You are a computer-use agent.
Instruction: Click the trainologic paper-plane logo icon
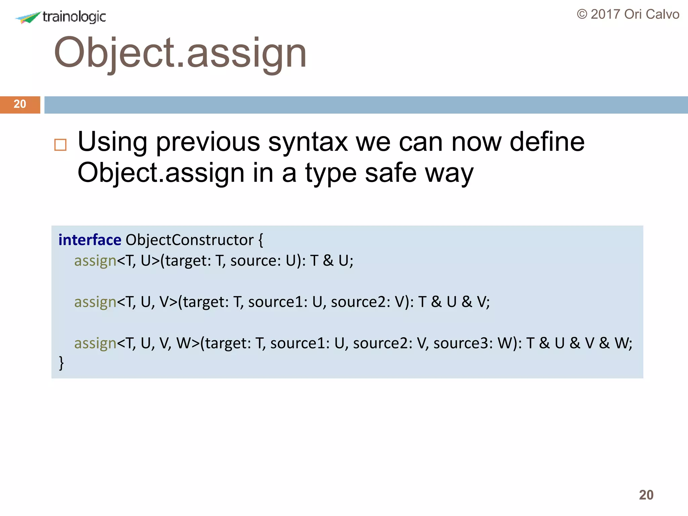(28, 17)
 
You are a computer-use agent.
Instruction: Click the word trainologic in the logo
(74, 17)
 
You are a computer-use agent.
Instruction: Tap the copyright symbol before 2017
(582, 14)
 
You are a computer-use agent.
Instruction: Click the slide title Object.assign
(180, 53)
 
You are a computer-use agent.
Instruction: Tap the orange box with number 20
(20, 104)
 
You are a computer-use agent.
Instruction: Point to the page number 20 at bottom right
(646, 495)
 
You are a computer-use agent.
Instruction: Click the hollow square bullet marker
(60, 145)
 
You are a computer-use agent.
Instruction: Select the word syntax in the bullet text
(308, 142)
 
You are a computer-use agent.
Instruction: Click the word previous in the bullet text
(208, 142)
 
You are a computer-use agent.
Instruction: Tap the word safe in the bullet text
(391, 173)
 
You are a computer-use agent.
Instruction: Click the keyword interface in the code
(90, 240)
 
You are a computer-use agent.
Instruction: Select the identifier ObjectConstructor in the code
(189, 240)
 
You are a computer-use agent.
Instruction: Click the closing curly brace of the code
(61, 363)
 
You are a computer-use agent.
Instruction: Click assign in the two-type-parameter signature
(95, 261)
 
